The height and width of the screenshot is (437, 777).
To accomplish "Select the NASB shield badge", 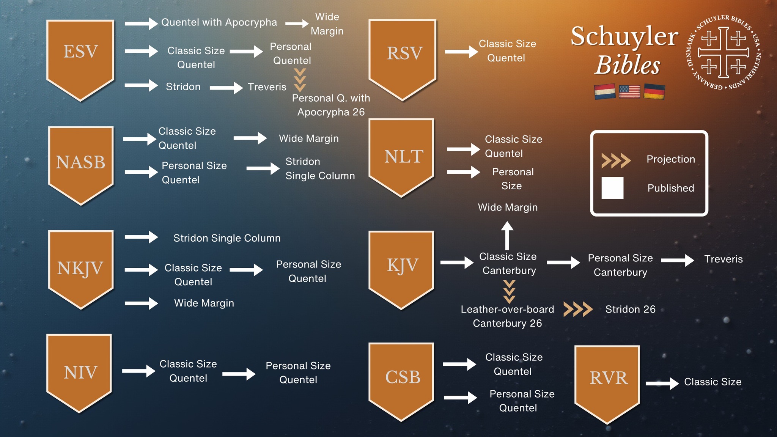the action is pyautogui.click(x=81, y=165).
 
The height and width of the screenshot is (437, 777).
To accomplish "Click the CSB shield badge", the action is pyautogui.click(x=401, y=382).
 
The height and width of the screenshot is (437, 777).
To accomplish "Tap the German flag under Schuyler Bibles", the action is pyautogui.click(x=654, y=92).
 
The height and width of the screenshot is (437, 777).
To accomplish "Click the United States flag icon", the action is pyautogui.click(x=629, y=91).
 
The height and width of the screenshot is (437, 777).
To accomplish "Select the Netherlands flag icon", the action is pyautogui.click(x=605, y=92).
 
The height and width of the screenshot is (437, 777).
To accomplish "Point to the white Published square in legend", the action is pyautogui.click(x=612, y=188).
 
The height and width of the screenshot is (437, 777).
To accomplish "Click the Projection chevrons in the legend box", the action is pyautogui.click(x=616, y=160).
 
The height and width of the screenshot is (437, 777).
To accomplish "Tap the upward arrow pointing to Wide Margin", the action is pyautogui.click(x=507, y=236).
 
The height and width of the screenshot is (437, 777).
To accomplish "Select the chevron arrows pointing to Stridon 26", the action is pyautogui.click(x=578, y=309).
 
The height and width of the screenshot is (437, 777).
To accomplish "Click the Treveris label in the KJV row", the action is pyautogui.click(x=724, y=259).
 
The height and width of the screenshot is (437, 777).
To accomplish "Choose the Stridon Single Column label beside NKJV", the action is pyautogui.click(x=227, y=238).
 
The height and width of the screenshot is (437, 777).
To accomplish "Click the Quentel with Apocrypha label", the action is pyautogui.click(x=219, y=22).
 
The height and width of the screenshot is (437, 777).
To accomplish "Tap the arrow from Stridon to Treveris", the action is pyautogui.click(x=226, y=88).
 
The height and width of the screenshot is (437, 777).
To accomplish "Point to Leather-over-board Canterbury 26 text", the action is pyautogui.click(x=507, y=316).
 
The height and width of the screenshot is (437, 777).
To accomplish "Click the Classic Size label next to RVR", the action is pyautogui.click(x=713, y=382).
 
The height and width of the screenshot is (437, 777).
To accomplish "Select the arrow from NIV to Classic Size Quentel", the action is pyautogui.click(x=139, y=371).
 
